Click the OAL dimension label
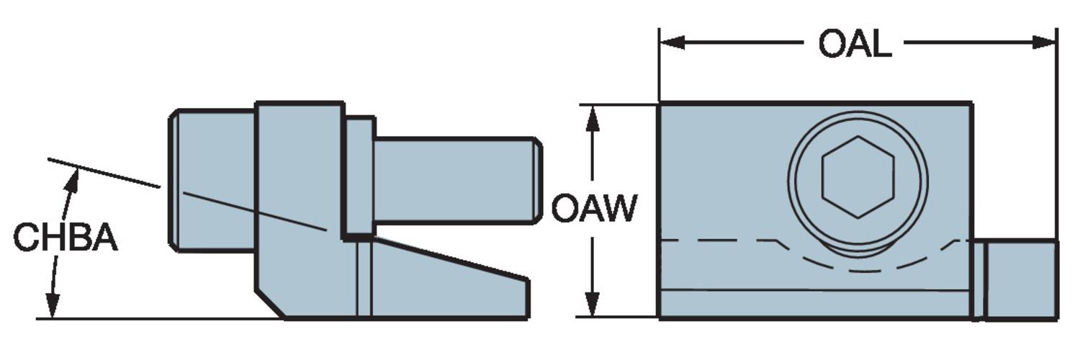pos(855,45)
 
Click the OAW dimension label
pos(594,209)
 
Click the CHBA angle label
pos(65,238)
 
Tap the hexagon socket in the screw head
pos(858,176)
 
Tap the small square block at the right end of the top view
pos(1021,279)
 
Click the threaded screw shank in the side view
pos(454,180)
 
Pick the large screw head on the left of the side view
pos(212,180)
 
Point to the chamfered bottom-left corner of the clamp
pos(270,304)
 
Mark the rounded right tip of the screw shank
pos(537,180)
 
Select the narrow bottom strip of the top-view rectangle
pos(814,303)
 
